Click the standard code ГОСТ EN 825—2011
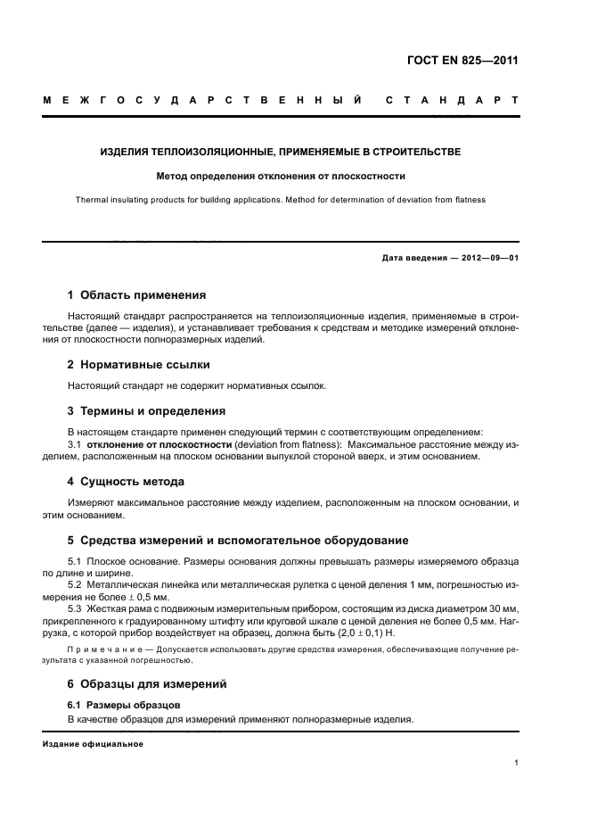tap(461, 62)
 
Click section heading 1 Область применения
tap(136, 294)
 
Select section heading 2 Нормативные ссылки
tap(139, 364)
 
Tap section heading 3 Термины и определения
tap(146, 411)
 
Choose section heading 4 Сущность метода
tap(126, 482)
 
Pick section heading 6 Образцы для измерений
tap(147, 684)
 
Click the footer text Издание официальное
tap(93, 743)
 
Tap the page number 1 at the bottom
tap(516, 763)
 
